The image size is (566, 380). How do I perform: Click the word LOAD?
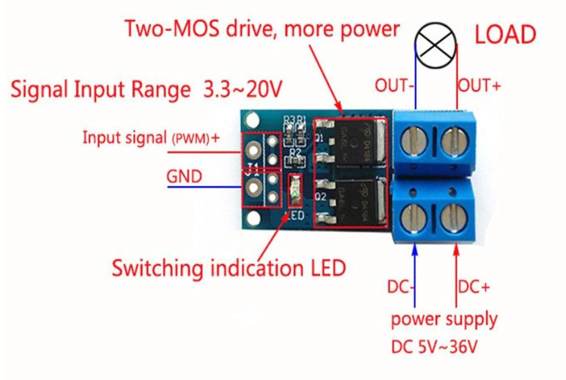point(505,36)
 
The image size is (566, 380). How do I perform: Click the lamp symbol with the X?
point(436,45)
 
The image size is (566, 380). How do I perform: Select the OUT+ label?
point(479,86)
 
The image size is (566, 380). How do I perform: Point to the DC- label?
point(402,288)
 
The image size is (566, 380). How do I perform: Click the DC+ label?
point(474,288)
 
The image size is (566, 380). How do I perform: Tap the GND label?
point(184,177)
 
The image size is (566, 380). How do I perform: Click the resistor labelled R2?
point(294,162)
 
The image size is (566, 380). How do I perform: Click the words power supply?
point(444,319)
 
